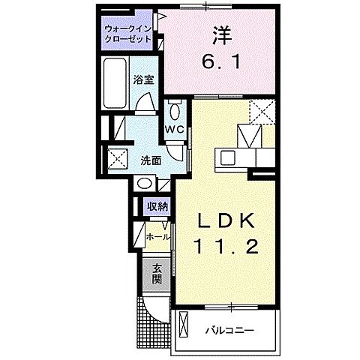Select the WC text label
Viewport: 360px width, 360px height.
tap(175, 128)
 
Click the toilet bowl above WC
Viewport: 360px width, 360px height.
tap(175, 109)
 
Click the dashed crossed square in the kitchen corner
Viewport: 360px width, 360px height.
tap(258, 112)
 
